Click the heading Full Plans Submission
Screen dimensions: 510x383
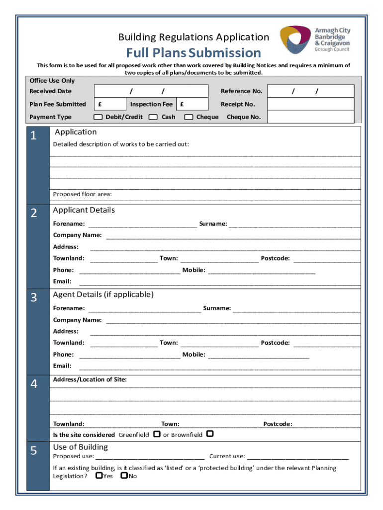click(x=193, y=52)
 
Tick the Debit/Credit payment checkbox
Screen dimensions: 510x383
click(x=98, y=117)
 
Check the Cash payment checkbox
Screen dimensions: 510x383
click(x=153, y=117)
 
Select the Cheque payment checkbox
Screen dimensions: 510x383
click(x=189, y=117)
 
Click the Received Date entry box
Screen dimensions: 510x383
click(x=151, y=91)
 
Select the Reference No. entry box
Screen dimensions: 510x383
click(x=311, y=91)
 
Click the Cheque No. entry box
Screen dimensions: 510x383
click(x=311, y=117)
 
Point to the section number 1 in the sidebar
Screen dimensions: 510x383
click(x=33, y=135)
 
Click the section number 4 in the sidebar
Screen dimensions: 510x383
click(x=33, y=383)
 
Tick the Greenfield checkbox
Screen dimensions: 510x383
click(x=157, y=434)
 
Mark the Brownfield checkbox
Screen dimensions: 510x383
click(x=210, y=434)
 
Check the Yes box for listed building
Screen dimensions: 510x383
click(x=99, y=476)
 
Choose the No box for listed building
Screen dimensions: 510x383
click(x=124, y=476)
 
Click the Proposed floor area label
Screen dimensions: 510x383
click(x=83, y=194)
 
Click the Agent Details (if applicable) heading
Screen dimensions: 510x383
click(x=103, y=294)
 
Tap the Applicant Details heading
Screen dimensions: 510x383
click(x=84, y=210)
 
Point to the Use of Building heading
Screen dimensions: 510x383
click(x=80, y=447)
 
